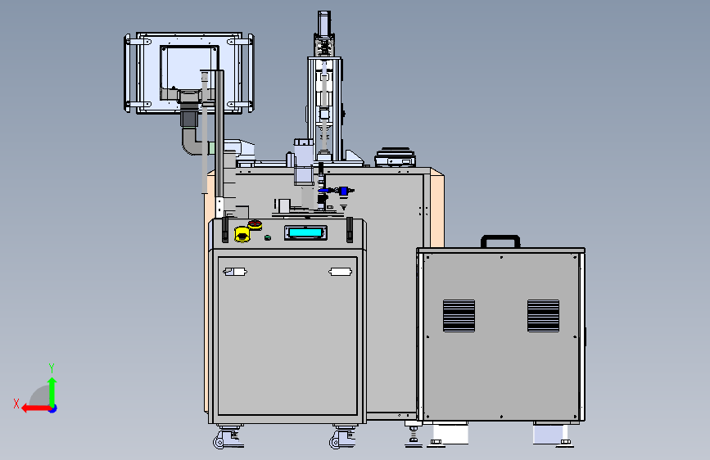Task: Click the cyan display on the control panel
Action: (305, 232)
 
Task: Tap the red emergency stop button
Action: (255, 224)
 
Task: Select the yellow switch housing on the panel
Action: (242, 234)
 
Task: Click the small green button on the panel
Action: (268, 237)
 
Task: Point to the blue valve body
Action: (344, 191)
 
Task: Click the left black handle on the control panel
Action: (225, 229)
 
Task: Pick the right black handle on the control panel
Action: (350, 229)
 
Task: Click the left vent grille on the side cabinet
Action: (459, 316)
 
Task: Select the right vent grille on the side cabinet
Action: (544, 316)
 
